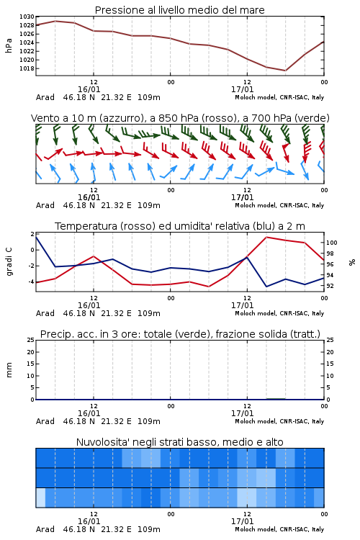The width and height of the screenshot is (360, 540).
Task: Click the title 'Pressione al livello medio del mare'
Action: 179,10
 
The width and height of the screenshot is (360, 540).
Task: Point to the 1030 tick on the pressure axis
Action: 27,17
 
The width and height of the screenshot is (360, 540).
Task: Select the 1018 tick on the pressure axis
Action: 27,68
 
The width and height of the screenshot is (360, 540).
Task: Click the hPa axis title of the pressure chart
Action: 9,45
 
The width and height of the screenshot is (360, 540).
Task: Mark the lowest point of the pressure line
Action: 285,71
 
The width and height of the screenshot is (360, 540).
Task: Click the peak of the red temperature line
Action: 266,237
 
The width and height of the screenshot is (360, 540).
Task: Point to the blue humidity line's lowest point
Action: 266,287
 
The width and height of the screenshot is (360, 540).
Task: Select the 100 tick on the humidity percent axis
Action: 332,243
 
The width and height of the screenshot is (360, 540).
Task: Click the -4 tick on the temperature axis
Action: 31,282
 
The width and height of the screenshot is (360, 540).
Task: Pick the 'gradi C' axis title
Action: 9,262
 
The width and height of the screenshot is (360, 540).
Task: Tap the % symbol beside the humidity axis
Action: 352,262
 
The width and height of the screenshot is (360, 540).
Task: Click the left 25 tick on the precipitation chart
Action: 31,340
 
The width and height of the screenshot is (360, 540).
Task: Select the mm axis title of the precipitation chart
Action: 9,370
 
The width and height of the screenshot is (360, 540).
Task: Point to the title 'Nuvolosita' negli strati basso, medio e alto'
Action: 179,442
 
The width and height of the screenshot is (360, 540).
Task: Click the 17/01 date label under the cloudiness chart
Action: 242,521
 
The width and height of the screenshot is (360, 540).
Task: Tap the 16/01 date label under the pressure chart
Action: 89,89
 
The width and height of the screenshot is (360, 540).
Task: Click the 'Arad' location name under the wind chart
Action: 45,205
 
